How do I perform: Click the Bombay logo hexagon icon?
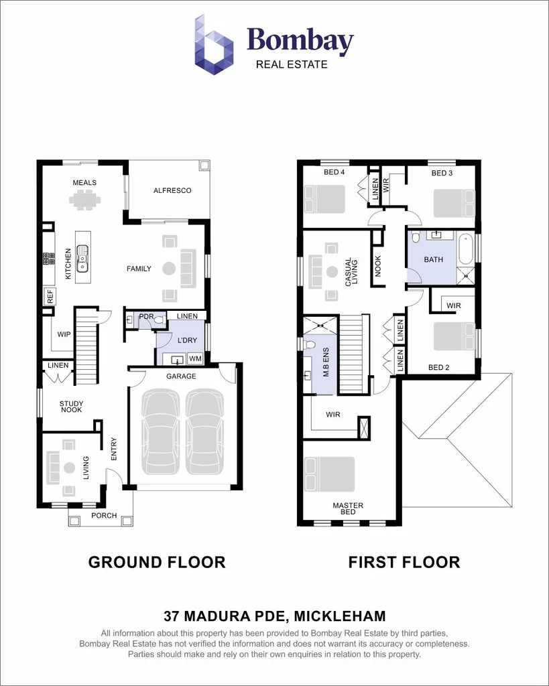[x=215, y=45]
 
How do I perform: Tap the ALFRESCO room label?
[x=172, y=191]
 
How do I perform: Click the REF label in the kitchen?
[x=50, y=297]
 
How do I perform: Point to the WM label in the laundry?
[x=194, y=359]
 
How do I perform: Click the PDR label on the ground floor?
[x=146, y=316]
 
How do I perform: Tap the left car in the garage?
[x=161, y=432]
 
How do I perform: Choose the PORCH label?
[x=104, y=516]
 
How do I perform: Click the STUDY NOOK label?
[x=71, y=407]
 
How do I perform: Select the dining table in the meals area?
[x=86, y=200]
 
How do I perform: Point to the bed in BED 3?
[x=454, y=202]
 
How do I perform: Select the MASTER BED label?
[x=349, y=508]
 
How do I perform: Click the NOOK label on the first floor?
[x=377, y=266]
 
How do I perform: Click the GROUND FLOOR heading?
[x=157, y=562]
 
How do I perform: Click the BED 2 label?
[x=438, y=367]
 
